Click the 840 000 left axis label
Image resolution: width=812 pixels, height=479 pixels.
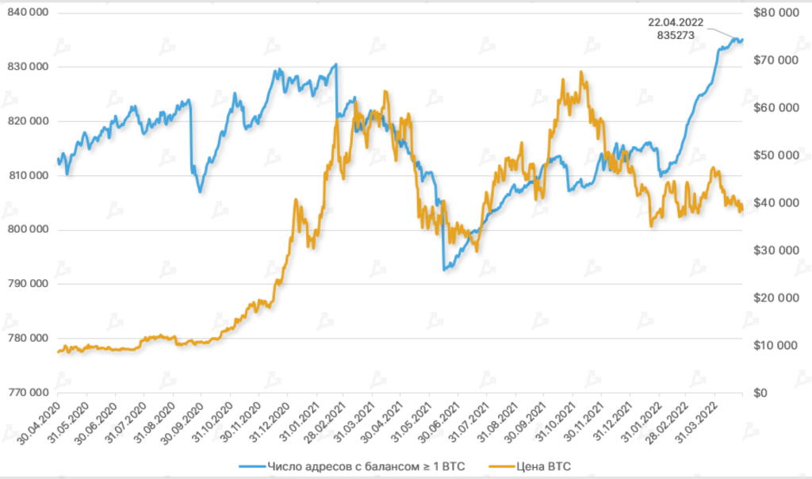(x=28, y=12)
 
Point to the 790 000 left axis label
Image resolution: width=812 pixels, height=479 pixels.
(x=28, y=284)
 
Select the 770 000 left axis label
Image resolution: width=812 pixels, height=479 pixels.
(x=28, y=393)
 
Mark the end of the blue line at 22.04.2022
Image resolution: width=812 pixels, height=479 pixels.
(x=742, y=40)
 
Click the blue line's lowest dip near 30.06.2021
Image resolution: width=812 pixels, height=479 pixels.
(x=444, y=270)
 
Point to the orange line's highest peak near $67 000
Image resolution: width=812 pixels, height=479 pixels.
(x=581, y=72)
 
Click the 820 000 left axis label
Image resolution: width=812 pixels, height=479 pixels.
(x=28, y=121)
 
